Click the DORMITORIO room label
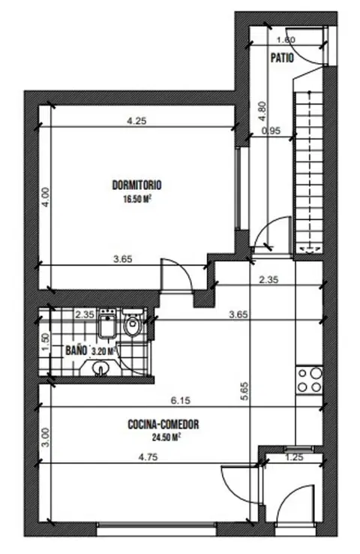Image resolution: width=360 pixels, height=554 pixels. click(137, 185)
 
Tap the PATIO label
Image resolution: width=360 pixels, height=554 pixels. click(282, 58)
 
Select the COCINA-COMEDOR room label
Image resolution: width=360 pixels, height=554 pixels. click(163, 424)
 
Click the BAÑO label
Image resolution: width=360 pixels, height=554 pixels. click(76, 351)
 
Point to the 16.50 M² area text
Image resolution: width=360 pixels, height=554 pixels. click(137, 199)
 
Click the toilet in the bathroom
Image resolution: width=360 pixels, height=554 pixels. click(133, 322)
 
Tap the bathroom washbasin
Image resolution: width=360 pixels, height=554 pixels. click(100, 367)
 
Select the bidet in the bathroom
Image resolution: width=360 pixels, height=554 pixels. click(107, 324)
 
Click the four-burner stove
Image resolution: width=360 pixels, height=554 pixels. click(309, 380)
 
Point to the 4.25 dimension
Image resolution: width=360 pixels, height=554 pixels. click(136, 121)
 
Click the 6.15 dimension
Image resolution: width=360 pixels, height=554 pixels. click(181, 401)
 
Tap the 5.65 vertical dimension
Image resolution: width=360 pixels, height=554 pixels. click(246, 391)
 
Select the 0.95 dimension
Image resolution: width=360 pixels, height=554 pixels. click(271, 131)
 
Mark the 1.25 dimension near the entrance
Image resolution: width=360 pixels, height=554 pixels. click(294, 457)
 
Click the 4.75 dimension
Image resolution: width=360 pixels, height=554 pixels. click(148, 457)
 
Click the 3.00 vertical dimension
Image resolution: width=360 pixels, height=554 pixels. click(46, 437)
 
